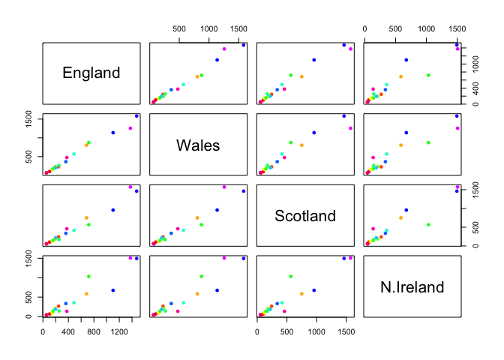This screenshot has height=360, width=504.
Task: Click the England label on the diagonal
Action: (91, 73)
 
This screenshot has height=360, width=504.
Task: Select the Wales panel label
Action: (198, 145)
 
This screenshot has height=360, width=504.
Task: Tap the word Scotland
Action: (304, 216)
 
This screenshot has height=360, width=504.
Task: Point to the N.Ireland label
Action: (412, 287)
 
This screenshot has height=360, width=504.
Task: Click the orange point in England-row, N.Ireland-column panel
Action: (401, 76)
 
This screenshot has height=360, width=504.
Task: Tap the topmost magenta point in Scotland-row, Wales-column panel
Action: (224, 187)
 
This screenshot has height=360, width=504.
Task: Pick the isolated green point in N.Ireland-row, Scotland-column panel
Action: (291, 276)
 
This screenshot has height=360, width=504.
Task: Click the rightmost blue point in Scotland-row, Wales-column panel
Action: (243, 191)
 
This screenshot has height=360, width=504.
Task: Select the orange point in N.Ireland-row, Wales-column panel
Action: (197, 293)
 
